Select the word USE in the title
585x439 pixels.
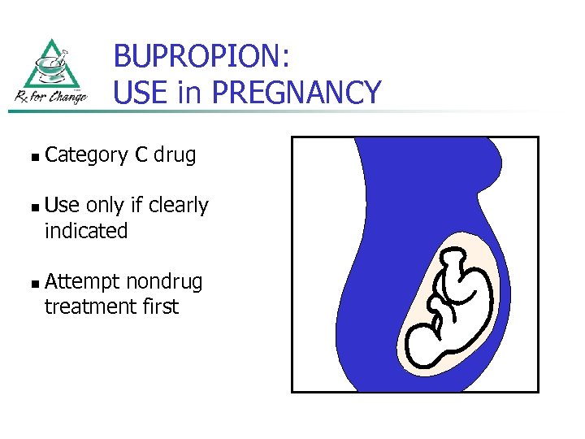[141, 93]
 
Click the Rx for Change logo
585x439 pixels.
[50, 73]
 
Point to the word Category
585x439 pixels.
[86, 155]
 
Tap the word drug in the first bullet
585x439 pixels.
[175, 155]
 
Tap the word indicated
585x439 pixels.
[86, 231]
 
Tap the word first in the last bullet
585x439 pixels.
[159, 306]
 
